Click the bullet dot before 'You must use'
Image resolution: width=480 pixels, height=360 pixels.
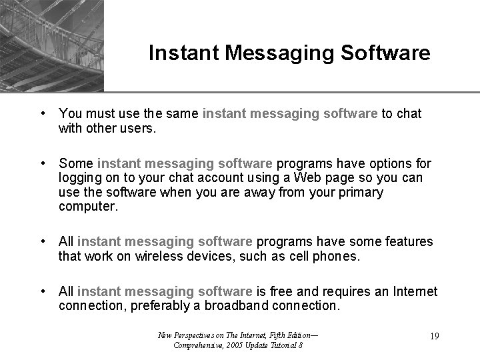[42, 113]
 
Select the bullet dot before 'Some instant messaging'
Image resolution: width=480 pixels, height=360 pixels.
[42, 163]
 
